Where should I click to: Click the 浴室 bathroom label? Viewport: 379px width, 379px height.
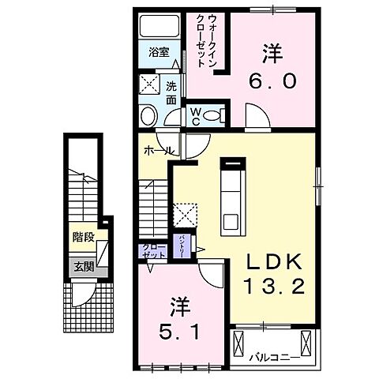tap(159, 53)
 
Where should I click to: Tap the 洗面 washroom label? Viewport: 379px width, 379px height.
tap(171, 92)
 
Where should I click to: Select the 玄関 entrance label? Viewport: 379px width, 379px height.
tap(84, 267)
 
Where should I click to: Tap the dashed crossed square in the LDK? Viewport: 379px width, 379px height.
tap(187, 214)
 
